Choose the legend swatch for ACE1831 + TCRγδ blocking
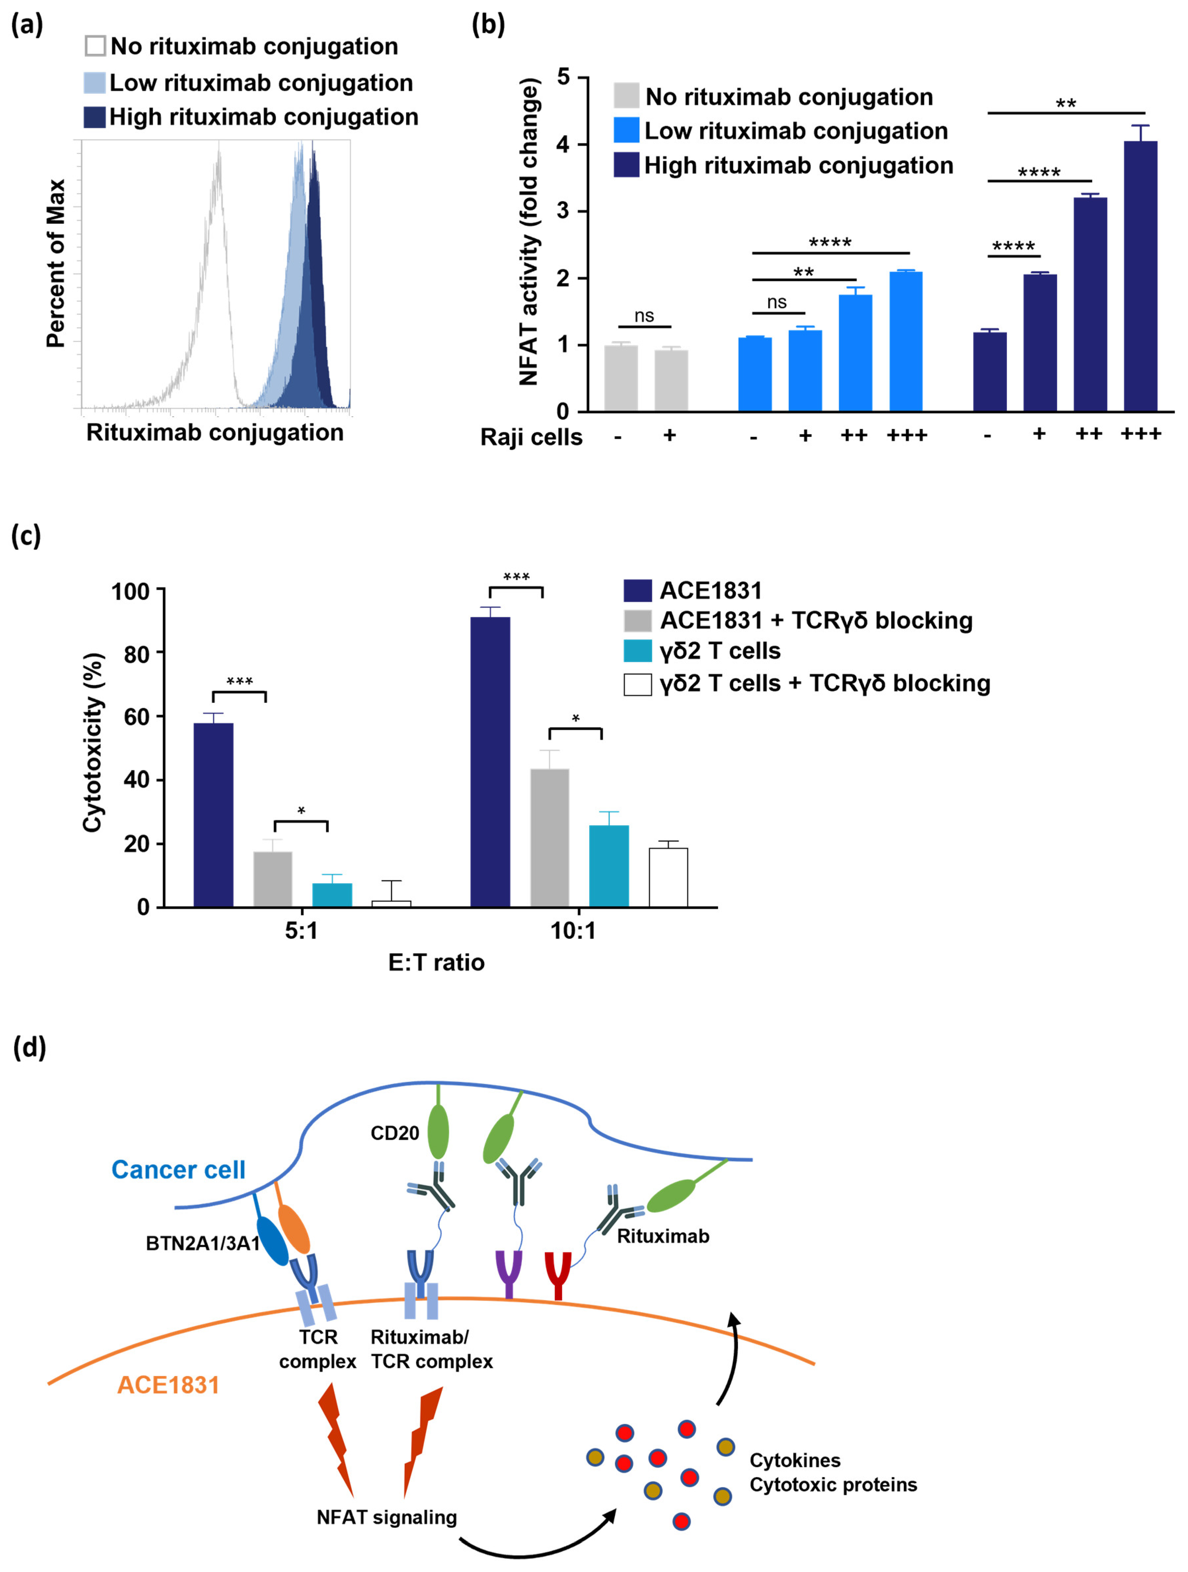coord(637,620)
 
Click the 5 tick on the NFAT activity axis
coord(563,77)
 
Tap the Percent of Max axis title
coord(56,263)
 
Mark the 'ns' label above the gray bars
coord(644,316)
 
